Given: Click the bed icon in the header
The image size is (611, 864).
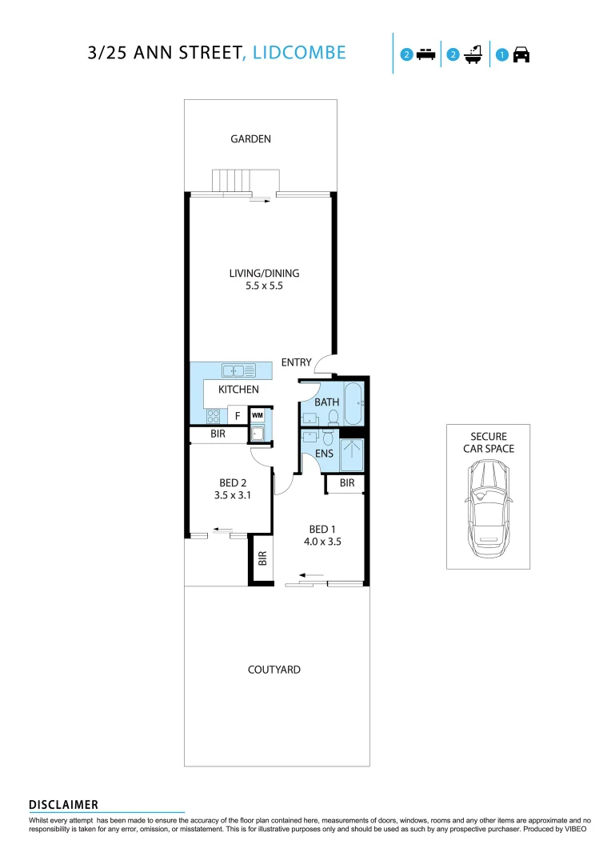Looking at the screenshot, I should coord(425,55).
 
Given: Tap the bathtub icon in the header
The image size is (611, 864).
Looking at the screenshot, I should coord(472,54).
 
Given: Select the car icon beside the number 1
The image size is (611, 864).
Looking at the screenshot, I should coord(521,55).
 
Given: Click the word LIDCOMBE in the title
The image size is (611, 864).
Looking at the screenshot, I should coord(299,53).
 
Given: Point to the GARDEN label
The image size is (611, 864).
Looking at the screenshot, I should coord(250,139).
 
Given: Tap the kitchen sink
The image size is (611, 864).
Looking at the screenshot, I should coord(238,370).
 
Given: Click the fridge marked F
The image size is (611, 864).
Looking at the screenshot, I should coord(238,416).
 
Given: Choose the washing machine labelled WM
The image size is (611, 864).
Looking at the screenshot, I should coord(258,415).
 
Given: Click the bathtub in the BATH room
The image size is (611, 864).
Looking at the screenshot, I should coord(352,406).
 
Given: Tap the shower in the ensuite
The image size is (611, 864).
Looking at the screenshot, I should coord(352,456).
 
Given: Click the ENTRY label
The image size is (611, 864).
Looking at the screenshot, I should coord(296,363).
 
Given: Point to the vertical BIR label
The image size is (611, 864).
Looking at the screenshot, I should coord(262,558).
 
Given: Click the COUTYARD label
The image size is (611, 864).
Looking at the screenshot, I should coord(274,670).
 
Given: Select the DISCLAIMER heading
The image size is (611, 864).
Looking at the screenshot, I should coord(63,804).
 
